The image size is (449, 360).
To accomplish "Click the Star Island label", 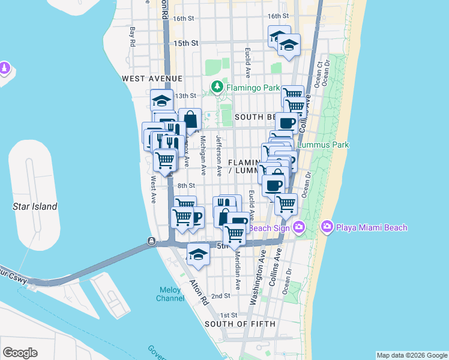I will tap(35, 206).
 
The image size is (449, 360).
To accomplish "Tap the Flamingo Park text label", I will tap(253, 88).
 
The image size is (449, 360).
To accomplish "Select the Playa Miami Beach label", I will tap(372, 227).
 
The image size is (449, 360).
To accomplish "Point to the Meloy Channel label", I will tap(170, 294).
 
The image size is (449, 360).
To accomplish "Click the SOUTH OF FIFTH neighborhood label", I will tap(240, 324).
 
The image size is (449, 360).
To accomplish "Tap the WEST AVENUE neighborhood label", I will tap(151, 79).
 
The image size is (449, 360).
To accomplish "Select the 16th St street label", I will tap(279, 16).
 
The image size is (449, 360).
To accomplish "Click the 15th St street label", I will tap(185, 43).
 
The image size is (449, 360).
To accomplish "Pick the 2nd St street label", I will tap(220, 296).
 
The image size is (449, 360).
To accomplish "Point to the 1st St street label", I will tap(229, 315).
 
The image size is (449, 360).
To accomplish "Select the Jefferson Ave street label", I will tap(220, 155).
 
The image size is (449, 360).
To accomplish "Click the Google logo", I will tap(20, 353).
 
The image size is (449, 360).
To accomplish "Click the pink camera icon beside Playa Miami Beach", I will tap(327, 227).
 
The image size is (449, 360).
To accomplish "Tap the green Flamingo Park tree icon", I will tap(217, 88).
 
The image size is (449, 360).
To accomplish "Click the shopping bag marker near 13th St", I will tap(190, 119).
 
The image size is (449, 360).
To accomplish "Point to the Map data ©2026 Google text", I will tap(411, 355).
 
